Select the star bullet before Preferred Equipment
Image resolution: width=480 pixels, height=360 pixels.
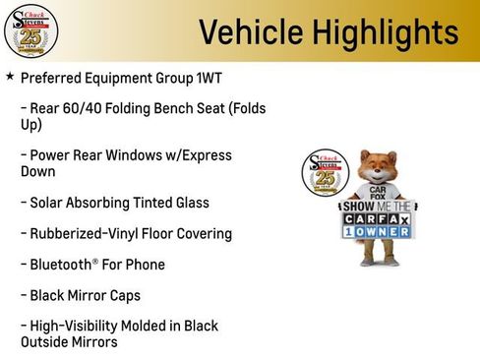(x=10, y=76)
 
